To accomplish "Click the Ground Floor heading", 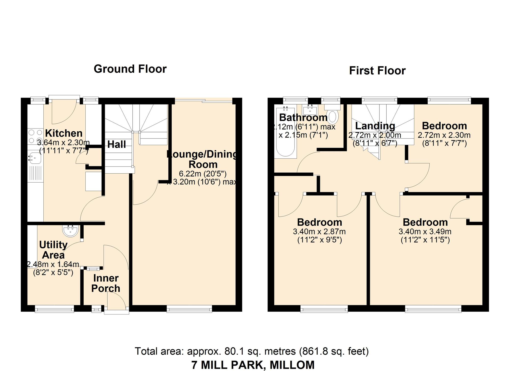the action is pyautogui.click(x=130, y=69).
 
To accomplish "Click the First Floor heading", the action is pyautogui.click(x=377, y=71).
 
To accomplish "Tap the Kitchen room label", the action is pyautogui.click(x=64, y=133).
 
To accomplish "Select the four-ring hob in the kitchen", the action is pyautogui.click(x=35, y=136).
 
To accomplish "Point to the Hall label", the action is pyautogui.click(x=117, y=144).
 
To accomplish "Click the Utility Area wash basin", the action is pyautogui.click(x=70, y=231).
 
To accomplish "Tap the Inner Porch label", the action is pyautogui.click(x=106, y=283).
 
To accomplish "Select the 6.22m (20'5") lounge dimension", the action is pyautogui.click(x=203, y=174).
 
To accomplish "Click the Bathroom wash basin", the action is pyautogui.click(x=310, y=110).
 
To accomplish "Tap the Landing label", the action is pyautogui.click(x=375, y=126).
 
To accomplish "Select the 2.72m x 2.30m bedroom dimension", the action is pyautogui.click(x=444, y=135).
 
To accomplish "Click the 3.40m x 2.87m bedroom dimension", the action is pyautogui.click(x=319, y=232).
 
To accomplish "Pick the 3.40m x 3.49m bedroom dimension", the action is pyautogui.click(x=425, y=232).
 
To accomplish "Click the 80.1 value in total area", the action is pyautogui.click(x=233, y=351).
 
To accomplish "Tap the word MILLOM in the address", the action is pyautogui.click(x=292, y=365).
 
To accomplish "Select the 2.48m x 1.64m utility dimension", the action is pyautogui.click(x=53, y=264).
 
